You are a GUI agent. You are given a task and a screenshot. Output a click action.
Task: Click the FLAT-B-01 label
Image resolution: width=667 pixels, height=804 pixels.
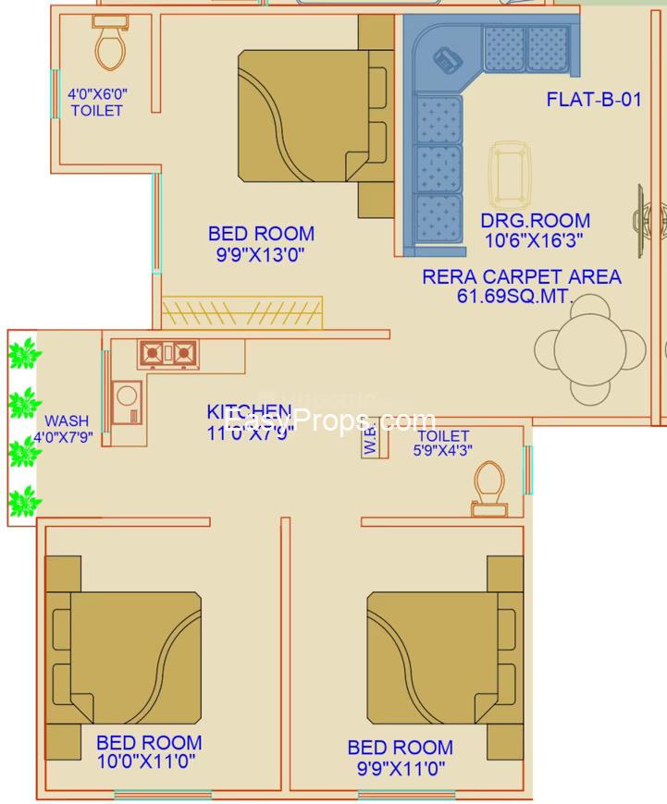pos(593,100)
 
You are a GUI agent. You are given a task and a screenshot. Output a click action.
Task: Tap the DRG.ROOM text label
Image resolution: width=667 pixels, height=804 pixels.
pos(535,221)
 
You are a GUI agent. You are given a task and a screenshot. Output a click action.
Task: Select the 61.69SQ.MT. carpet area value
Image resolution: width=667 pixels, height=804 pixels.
pos(514,297)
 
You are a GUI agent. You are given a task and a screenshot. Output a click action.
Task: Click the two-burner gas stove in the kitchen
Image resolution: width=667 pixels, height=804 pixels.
pos(168,353)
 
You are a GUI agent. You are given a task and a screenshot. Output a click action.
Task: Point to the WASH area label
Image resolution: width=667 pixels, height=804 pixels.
pos(67,420)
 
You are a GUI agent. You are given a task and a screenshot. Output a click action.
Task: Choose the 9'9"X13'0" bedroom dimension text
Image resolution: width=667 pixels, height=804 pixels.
pos(260,254)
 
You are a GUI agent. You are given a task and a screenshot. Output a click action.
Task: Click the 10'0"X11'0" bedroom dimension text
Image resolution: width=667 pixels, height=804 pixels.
pos(148,761)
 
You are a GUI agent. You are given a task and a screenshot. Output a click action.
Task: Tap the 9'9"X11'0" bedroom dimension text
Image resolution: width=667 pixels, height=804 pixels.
pos(400,767)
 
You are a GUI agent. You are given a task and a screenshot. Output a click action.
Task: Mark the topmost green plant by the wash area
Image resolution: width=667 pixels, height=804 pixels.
pos(23,353)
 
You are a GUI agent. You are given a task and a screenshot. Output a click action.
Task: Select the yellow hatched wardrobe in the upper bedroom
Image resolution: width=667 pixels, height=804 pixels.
pos(242,311)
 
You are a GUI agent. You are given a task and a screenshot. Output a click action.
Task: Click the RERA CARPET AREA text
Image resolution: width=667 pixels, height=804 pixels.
pos(521,276)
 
